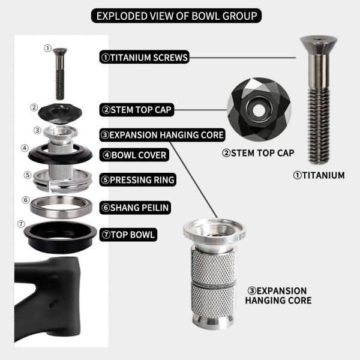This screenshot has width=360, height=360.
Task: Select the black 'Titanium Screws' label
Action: [145, 58]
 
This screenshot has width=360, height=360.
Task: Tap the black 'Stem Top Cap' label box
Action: [137, 110]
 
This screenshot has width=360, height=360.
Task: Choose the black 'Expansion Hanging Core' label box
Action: [162, 135]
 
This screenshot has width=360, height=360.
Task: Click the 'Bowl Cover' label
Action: [134, 155]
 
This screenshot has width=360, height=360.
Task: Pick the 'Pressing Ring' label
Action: [138, 179]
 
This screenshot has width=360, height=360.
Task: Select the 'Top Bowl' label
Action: [128, 234]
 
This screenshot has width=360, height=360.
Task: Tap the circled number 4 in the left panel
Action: [25, 148]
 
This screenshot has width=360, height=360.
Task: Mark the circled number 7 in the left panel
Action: [22, 224]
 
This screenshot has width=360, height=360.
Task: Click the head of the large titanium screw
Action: [317, 46]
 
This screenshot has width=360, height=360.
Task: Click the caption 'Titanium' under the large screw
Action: [319, 175]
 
